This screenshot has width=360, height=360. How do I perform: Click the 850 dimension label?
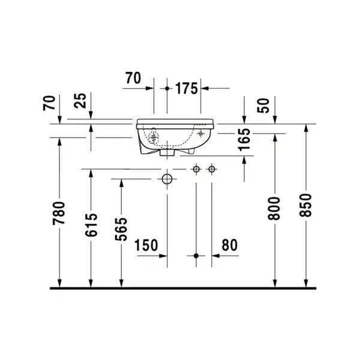[x=305, y=205]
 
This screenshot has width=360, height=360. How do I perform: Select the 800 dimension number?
[x=275, y=208]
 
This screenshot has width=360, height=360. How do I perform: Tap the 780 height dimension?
[x=59, y=213]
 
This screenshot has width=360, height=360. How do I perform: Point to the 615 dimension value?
[x=91, y=225]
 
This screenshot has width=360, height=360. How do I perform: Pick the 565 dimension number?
[x=121, y=229]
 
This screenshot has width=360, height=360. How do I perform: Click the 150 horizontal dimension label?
[x=146, y=245]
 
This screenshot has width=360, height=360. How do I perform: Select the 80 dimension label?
[x=230, y=245]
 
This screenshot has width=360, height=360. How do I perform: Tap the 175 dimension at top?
[x=187, y=88]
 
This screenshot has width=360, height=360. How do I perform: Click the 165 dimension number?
[x=244, y=139]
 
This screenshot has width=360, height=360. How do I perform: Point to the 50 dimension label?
[x=263, y=106]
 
